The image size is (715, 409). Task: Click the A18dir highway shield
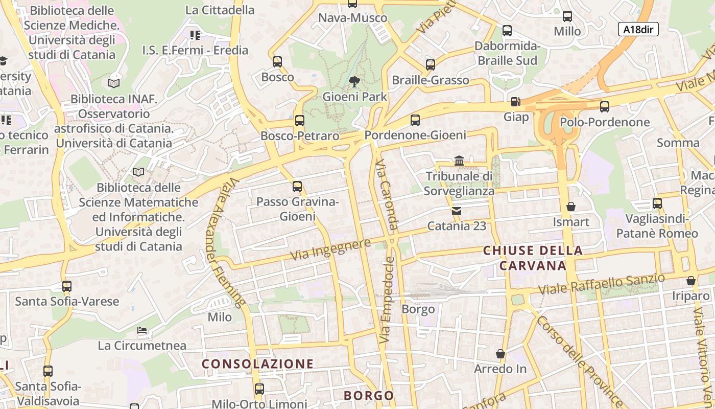click(638, 29)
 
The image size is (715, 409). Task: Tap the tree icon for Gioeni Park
click(353, 81)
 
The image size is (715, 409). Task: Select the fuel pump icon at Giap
click(515, 102)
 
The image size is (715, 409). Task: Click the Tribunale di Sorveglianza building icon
click(459, 161)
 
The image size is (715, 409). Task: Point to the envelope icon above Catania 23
click(456, 211)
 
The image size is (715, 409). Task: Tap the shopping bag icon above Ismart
click(571, 207)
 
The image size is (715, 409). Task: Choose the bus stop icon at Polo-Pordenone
click(605, 107)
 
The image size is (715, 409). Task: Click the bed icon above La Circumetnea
click(142, 330)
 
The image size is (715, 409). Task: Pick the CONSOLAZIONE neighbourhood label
click(257, 364)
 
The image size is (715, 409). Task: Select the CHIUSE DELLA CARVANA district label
click(533, 258)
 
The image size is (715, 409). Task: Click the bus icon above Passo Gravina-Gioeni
click(297, 187)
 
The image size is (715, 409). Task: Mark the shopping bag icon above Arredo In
click(500, 354)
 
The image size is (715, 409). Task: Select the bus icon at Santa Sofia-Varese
click(67, 286)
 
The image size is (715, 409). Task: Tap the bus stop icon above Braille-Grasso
click(431, 65)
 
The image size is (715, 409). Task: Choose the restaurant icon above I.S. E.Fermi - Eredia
click(195, 35)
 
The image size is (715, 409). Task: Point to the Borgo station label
click(418, 309)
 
